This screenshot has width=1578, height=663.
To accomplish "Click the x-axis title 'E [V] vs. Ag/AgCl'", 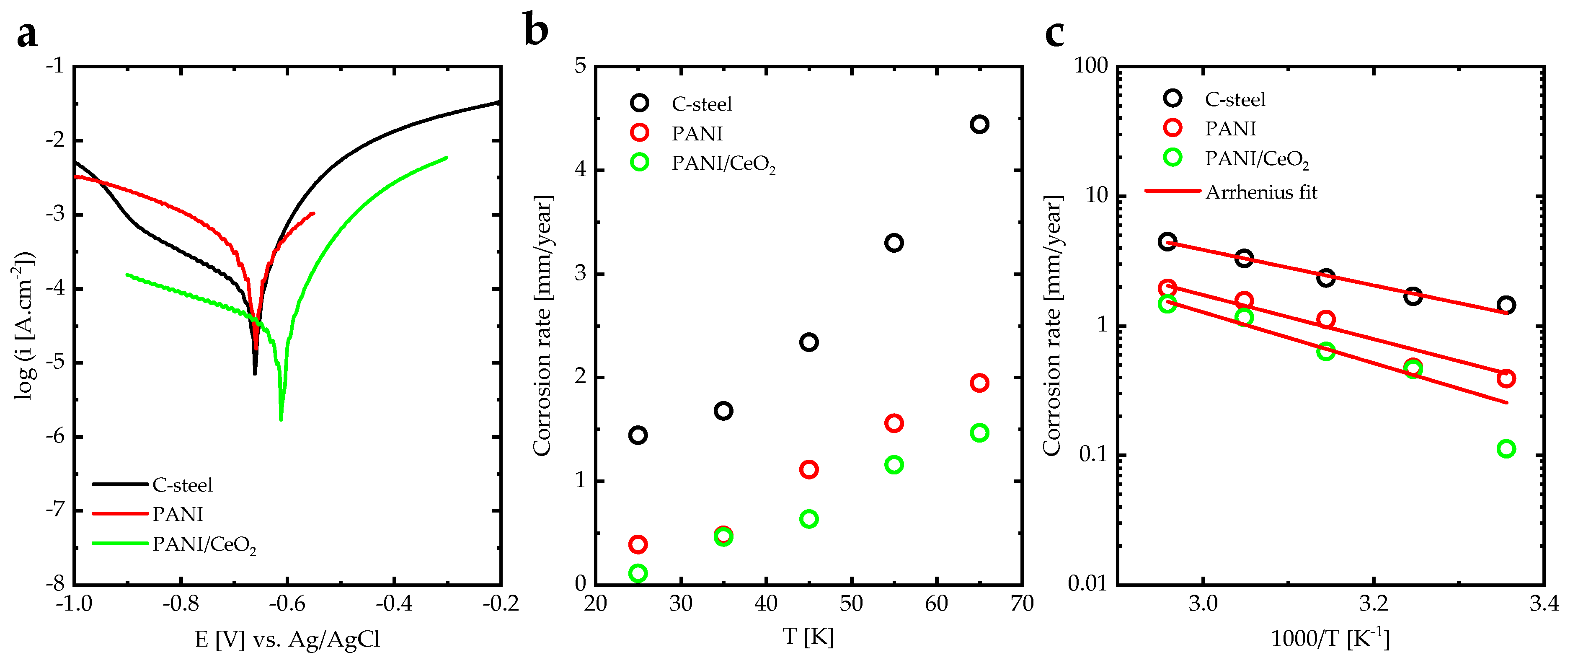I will point(287,640).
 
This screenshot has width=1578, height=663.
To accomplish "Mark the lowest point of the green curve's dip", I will point(281,419).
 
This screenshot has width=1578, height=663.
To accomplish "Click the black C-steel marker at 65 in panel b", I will point(979,124).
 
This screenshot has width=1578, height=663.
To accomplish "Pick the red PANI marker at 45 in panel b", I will point(808,470).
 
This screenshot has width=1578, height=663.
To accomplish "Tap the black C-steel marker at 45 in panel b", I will point(808,342).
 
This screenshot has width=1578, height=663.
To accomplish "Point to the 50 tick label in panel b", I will point(851,604).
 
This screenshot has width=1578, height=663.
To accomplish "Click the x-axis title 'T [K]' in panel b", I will point(808,637).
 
